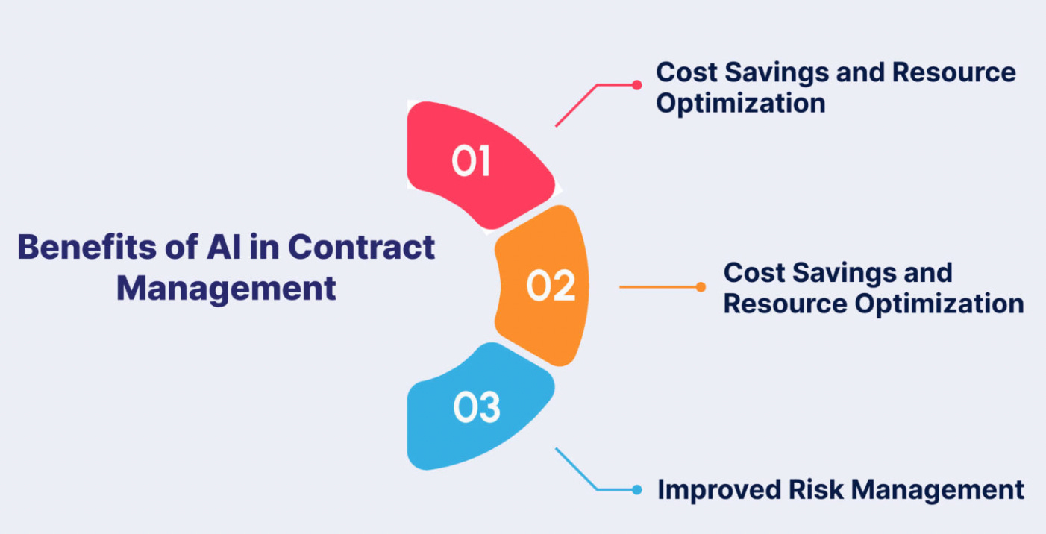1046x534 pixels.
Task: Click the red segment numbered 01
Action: point(448,134)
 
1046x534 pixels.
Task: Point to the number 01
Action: point(471,162)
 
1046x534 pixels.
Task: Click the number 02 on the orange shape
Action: point(551,286)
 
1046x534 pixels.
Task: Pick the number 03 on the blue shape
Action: point(477,408)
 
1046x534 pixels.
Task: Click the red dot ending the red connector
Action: point(636,85)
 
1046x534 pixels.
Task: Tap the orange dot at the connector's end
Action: point(701,286)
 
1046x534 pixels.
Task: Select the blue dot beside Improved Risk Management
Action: point(636,490)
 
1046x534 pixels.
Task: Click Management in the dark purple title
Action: point(226,288)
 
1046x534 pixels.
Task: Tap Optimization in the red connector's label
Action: point(740,103)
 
